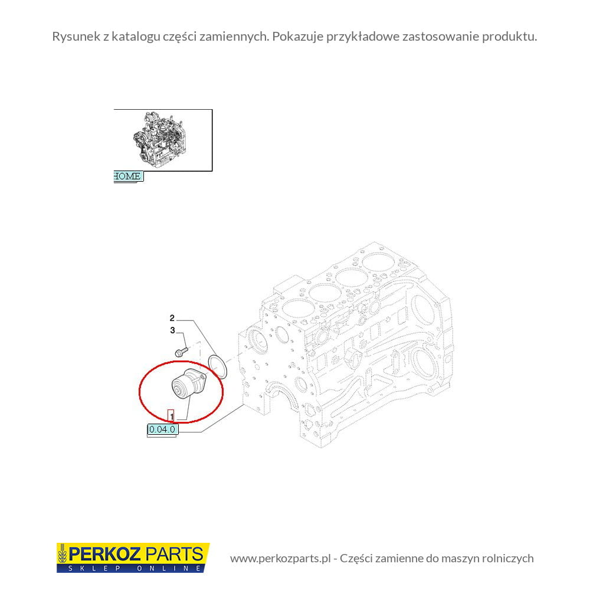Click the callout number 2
click(172, 319)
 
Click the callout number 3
click(172, 330)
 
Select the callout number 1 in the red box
click(171, 416)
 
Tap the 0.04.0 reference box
click(163, 430)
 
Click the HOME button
click(128, 176)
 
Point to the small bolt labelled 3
click(181, 352)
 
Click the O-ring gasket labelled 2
click(218, 366)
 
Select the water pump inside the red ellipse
click(189, 384)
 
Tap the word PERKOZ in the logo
click(105, 554)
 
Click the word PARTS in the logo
click(174, 554)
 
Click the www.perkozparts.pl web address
click(280, 558)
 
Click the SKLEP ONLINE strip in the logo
click(133, 568)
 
